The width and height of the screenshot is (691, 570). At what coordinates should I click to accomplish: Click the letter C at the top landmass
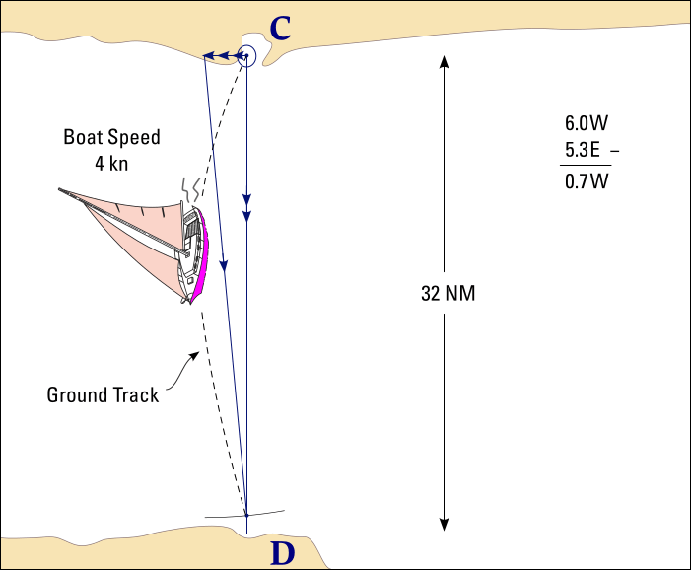pos(281,29)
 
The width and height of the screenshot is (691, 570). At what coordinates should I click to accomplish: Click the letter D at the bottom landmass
pos(282,554)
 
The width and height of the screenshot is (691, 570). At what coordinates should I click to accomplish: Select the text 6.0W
pos(586,124)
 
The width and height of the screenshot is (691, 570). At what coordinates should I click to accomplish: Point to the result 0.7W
pos(586,181)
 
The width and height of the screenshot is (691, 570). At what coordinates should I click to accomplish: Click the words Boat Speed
pos(111,137)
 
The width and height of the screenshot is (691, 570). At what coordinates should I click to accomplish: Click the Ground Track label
pos(103,395)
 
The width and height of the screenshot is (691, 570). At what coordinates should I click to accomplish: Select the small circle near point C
pos(246,57)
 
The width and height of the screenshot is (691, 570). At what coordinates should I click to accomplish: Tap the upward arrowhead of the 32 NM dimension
pos(445,62)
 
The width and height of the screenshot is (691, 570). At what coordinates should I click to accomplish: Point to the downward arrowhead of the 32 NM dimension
pos(445,524)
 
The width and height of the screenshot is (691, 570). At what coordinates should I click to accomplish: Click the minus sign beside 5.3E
pos(617,152)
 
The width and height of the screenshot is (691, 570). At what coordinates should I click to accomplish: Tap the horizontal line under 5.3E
pos(586,167)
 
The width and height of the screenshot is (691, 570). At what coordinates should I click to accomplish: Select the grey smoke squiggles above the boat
pos(191,187)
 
